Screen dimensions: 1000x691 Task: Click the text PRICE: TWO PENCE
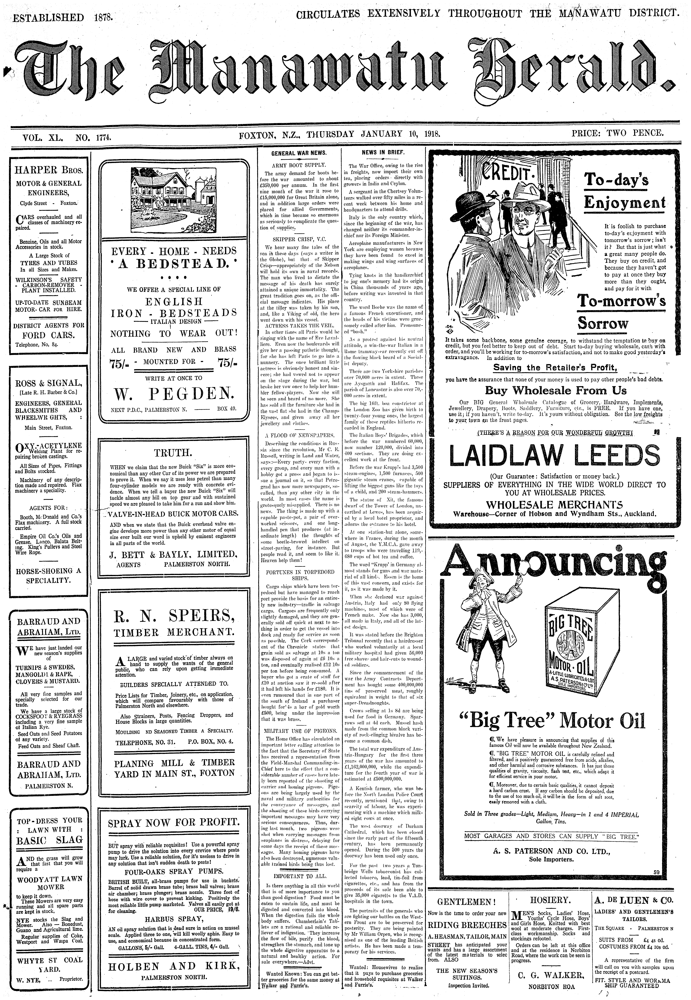617,133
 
